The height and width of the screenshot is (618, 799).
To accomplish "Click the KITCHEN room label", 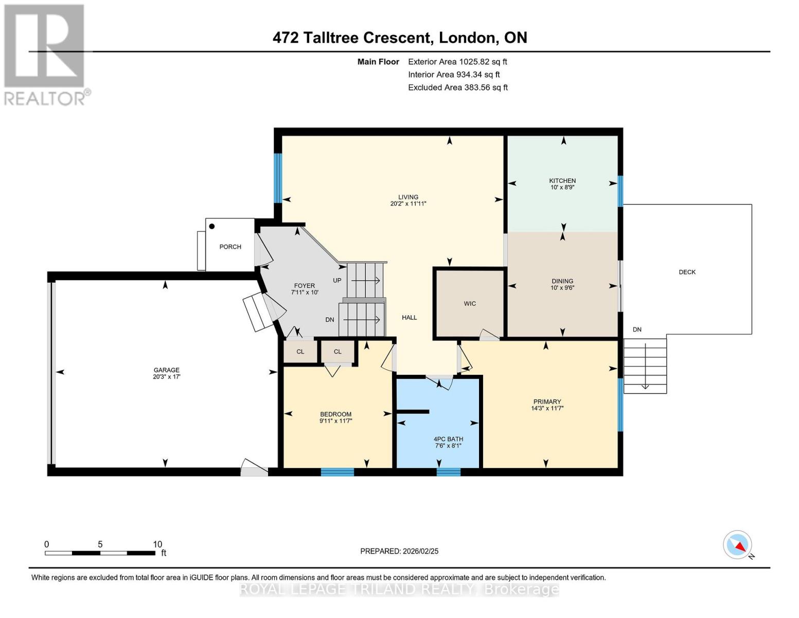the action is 562,181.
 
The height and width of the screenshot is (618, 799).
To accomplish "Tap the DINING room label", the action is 562,281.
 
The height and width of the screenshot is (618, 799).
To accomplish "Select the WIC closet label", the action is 470,304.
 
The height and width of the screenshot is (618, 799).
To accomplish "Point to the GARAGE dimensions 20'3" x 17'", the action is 167,376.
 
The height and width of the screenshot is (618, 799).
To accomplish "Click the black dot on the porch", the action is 212,227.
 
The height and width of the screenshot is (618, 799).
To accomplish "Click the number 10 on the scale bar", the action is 157,544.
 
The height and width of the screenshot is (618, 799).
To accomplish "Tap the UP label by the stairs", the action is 337,281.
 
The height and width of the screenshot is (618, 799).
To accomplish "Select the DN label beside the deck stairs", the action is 637,330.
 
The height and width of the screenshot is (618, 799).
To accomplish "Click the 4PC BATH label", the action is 448,439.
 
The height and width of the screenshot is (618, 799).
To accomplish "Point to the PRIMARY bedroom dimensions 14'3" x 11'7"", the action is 547,408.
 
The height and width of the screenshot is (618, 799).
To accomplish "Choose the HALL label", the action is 409,318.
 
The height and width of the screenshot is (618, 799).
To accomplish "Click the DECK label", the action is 687,272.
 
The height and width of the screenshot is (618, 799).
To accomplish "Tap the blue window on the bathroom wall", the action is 448,472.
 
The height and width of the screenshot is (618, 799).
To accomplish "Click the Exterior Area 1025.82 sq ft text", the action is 457,62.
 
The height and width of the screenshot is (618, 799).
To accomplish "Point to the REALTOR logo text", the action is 44,99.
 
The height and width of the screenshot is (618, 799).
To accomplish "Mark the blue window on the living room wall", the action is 278,178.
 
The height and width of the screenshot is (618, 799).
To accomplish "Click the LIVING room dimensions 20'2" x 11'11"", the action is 408,203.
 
